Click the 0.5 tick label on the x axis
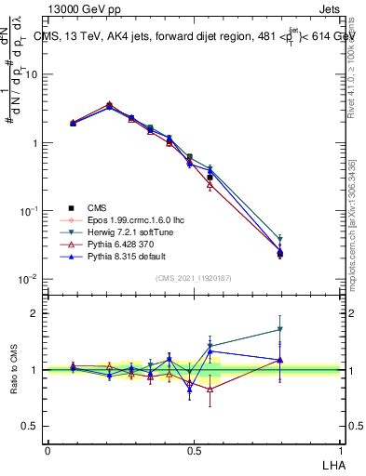coord(194,450)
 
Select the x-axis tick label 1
coord(341,450)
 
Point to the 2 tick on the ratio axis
coord(37,313)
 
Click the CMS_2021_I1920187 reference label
coord(195,278)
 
